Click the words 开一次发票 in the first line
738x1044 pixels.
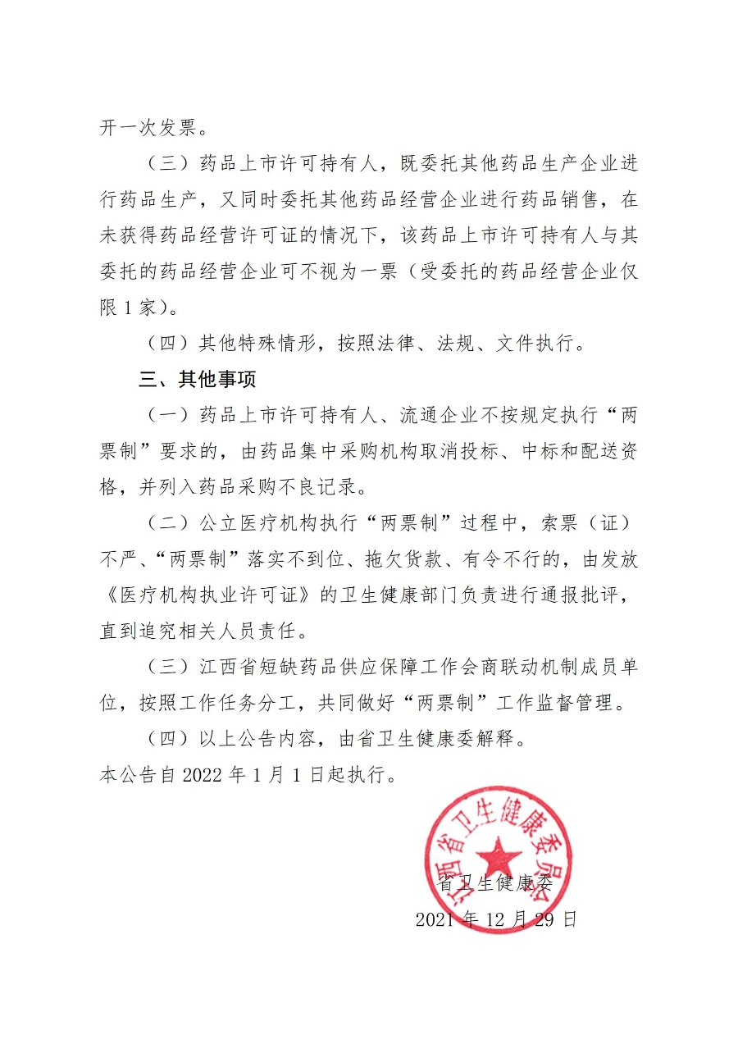click(x=154, y=129)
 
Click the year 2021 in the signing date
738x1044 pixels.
click(x=438, y=919)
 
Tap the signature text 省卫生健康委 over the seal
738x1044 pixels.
click(x=496, y=883)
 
